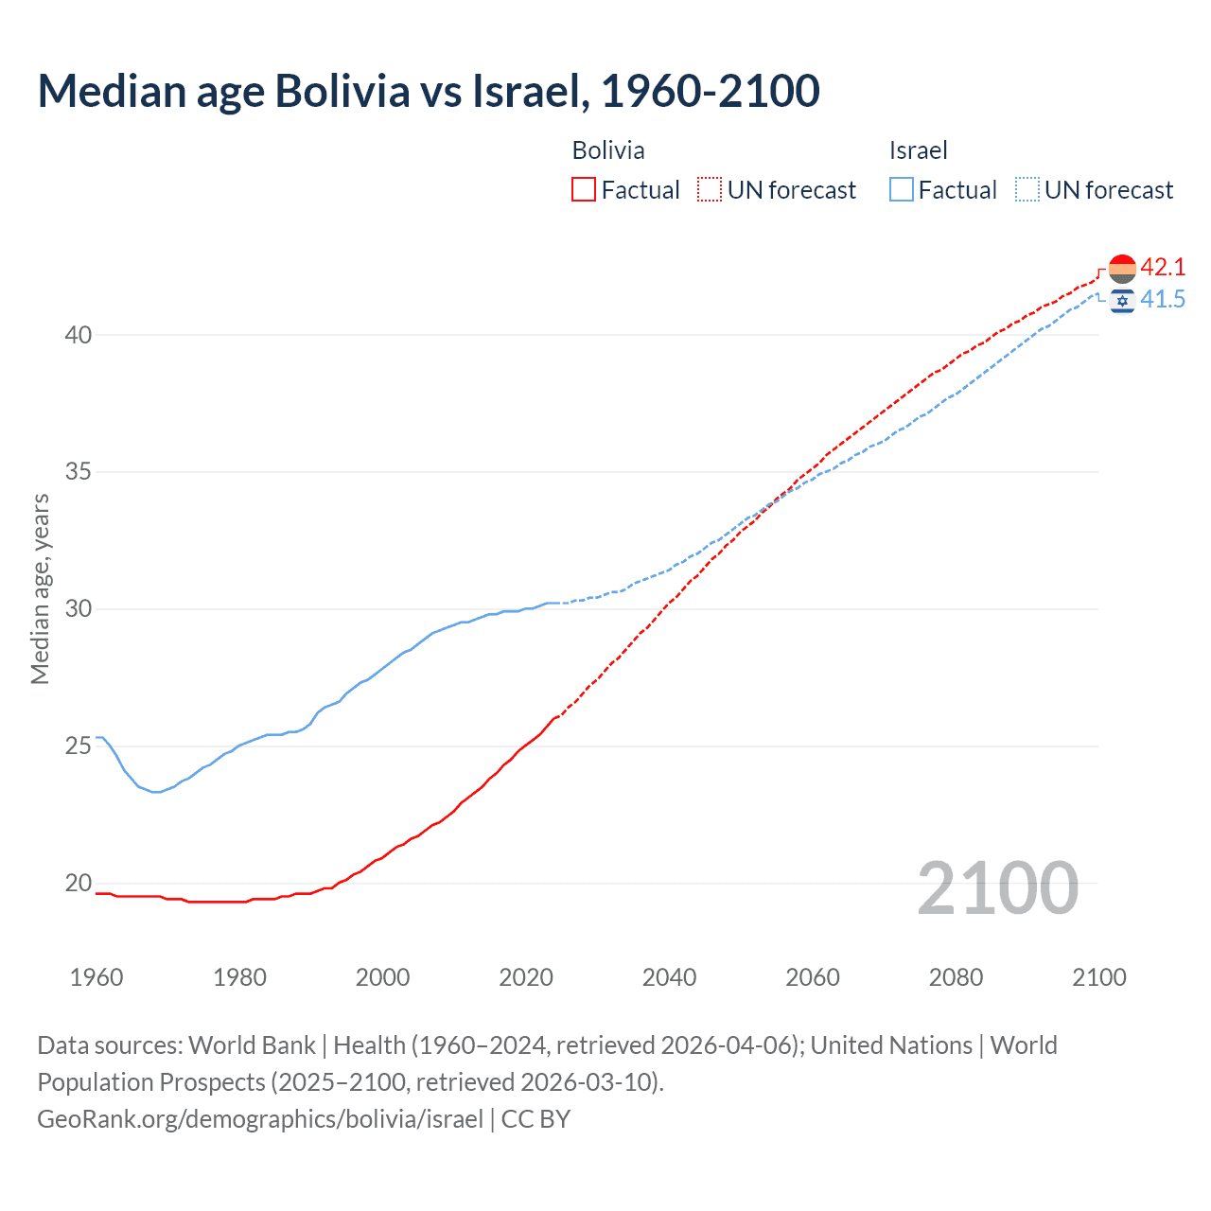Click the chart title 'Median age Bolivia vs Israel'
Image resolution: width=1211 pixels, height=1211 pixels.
click(428, 92)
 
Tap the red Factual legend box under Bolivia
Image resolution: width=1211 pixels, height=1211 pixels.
click(584, 190)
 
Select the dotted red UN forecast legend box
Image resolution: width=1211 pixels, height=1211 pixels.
click(710, 190)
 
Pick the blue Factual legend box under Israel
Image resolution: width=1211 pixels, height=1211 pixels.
click(901, 190)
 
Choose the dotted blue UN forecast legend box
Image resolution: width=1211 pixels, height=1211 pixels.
click(1027, 190)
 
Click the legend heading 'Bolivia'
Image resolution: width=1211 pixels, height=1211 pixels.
click(608, 150)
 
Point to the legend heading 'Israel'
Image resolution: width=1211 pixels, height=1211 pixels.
click(918, 150)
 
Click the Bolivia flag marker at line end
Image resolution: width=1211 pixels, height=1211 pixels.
click(1122, 269)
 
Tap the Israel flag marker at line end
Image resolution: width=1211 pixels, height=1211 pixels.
click(1122, 301)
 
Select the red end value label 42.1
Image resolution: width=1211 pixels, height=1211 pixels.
click(1163, 268)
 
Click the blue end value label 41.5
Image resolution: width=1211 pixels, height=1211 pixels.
click(1163, 300)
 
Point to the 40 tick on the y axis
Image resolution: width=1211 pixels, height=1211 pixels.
click(79, 335)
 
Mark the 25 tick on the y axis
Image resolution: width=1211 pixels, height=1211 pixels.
click(79, 746)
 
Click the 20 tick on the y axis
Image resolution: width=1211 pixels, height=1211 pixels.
click(79, 884)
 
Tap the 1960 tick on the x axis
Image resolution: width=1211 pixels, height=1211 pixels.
click(97, 977)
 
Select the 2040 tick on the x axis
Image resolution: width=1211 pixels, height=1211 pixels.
click(669, 977)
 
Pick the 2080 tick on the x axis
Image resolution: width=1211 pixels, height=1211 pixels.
click(956, 977)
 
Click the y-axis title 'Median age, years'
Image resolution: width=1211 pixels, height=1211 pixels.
click(40, 588)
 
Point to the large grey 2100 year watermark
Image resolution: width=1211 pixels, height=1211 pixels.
click(998, 887)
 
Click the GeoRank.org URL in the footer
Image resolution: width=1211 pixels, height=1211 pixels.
click(260, 1119)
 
